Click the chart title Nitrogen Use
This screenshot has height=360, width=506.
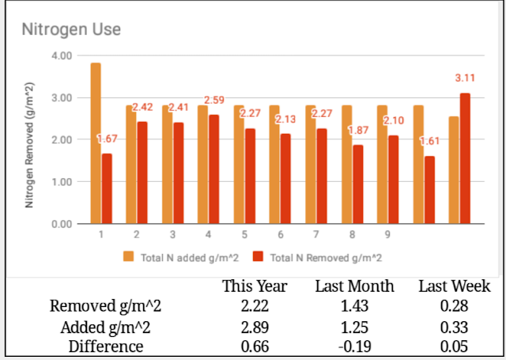click(x=71, y=30)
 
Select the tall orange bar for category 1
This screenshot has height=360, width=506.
click(x=96, y=143)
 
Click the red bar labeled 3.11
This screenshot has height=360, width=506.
click(x=465, y=158)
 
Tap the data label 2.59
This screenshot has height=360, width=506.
click(x=214, y=100)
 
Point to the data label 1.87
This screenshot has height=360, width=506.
click(x=358, y=130)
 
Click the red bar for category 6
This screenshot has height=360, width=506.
click(x=285, y=179)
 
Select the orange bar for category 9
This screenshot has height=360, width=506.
click(x=382, y=165)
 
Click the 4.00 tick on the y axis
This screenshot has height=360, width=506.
click(x=62, y=55)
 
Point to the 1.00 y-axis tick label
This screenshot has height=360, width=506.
click(x=62, y=182)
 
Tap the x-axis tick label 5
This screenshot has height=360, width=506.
click(x=244, y=235)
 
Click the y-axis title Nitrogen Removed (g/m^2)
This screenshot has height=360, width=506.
click(x=29, y=146)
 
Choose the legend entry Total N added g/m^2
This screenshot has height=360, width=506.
click(x=181, y=258)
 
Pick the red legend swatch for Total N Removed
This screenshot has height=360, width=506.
click(x=258, y=256)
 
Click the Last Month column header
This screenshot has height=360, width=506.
click(x=355, y=286)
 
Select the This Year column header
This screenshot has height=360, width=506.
click(x=255, y=286)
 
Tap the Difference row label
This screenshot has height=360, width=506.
click(x=106, y=347)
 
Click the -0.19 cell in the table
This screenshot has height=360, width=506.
click(x=355, y=347)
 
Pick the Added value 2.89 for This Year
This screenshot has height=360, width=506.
click(x=255, y=328)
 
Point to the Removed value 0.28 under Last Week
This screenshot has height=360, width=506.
click(x=454, y=306)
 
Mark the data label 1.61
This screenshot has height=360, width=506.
click(x=429, y=141)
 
